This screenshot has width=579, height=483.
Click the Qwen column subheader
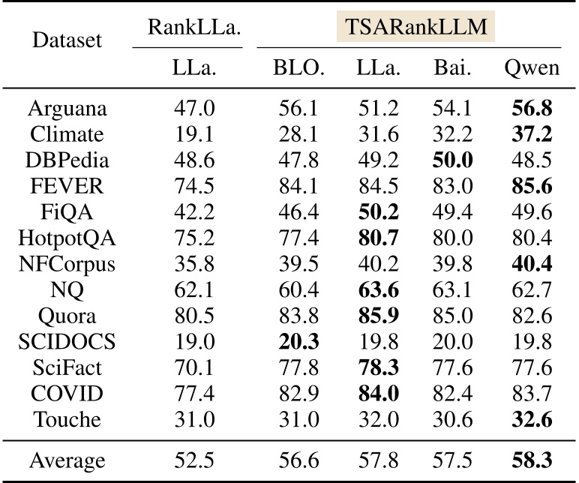[x=532, y=68]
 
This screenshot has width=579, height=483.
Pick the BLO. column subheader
[x=298, y=68]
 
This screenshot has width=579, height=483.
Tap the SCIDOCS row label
[x=67, y=342]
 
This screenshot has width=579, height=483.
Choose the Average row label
[x=67, y=460]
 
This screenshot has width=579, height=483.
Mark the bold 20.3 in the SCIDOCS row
[x=298, y=342]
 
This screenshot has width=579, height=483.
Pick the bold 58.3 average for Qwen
[x=532, y=460]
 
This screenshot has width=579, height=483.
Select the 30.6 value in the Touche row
[x=452, y=421]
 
